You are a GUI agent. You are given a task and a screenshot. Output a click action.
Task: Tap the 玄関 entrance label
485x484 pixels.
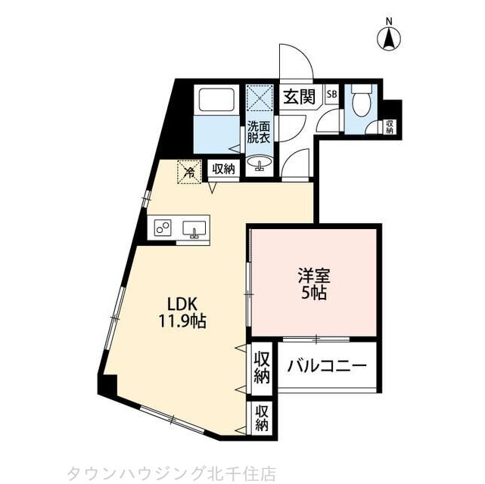point(300,97)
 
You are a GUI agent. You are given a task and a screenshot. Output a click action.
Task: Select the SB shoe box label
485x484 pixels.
point(331,95)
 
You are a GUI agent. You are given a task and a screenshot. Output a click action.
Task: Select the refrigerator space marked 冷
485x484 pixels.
point(190,172)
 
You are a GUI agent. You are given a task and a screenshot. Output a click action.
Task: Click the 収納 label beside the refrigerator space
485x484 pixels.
point(223,169)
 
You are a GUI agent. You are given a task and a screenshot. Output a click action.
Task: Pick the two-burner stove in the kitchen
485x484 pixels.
point(163,227)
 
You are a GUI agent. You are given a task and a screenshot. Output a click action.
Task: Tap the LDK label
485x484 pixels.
point(182,302)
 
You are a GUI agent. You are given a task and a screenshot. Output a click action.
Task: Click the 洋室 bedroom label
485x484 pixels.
point(312,276)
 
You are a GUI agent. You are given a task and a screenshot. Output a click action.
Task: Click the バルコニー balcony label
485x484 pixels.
point(327,366)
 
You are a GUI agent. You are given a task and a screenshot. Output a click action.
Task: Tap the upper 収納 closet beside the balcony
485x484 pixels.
point(262,366)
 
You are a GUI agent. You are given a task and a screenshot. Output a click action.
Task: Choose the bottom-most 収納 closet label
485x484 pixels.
point(262,418)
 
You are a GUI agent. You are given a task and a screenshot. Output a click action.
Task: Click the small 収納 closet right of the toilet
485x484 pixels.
point(390,126)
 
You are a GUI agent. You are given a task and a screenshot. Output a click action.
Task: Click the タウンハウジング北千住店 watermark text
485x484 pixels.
point(172,473)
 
